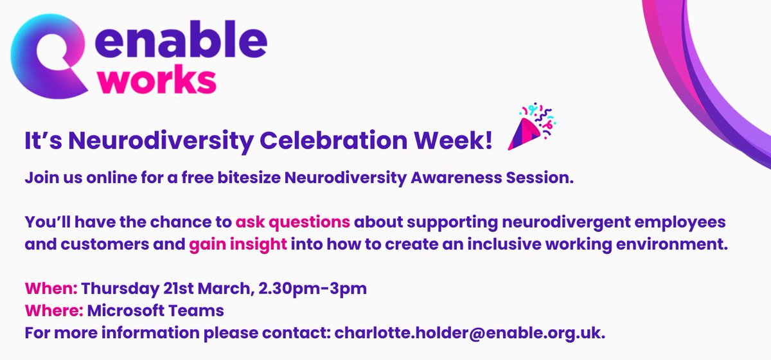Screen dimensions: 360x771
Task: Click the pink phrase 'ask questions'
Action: [x=294, y=222]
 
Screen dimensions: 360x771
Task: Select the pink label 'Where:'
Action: [x=54, y=311]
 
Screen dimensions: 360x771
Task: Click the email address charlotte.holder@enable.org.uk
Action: [x=470, y=334]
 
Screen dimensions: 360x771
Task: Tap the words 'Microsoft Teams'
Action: [x=155, y=311]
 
